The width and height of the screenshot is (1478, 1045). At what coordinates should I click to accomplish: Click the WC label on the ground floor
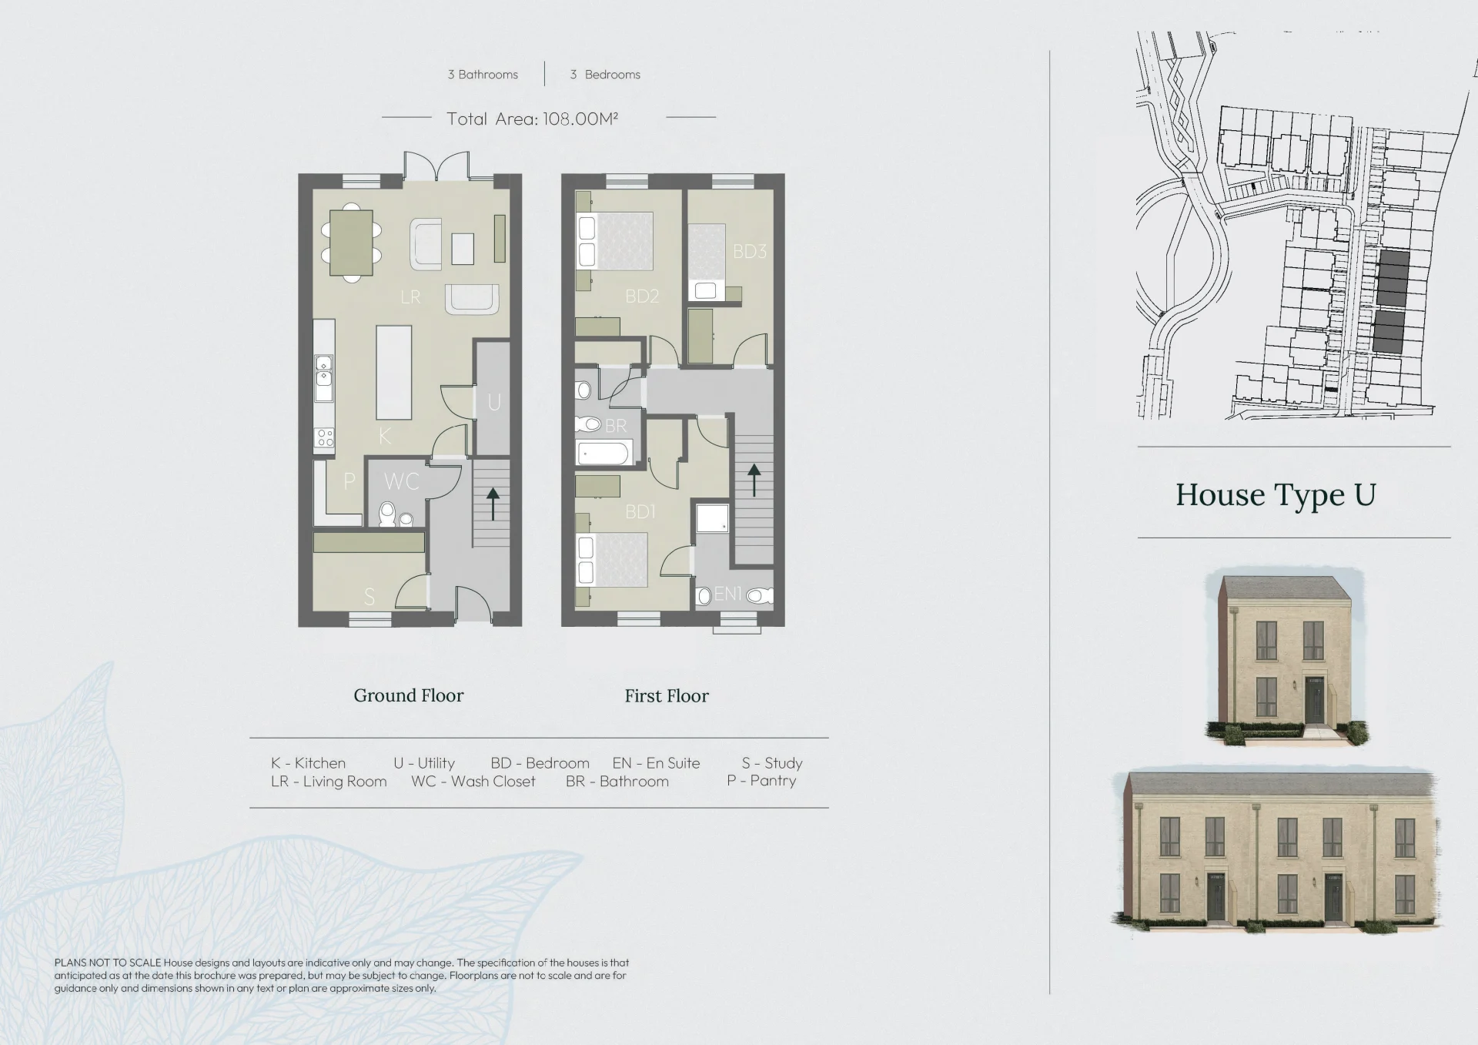(401, 481)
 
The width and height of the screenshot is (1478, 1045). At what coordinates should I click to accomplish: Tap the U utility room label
(494, 402)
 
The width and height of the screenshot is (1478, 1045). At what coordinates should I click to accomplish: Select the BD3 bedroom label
(749, 251)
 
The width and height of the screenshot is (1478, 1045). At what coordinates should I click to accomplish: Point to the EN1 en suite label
(727, 594)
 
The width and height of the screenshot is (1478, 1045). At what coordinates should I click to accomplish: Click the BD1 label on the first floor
(640, 511)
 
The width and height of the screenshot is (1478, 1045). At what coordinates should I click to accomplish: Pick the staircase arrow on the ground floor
(493, 504)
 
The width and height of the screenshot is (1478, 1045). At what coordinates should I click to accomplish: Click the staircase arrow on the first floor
(754, 480)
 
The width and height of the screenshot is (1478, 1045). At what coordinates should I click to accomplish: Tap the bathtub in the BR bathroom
(605, 453)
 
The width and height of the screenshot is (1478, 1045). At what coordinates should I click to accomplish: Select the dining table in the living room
(352, 243)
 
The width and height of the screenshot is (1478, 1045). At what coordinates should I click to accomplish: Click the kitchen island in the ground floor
(393, 372)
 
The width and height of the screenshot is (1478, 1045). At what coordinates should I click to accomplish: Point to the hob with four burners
(325, 438)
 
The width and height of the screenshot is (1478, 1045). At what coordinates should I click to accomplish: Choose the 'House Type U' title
(1276, 495)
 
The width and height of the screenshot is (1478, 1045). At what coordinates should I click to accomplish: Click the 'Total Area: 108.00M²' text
(533, 119)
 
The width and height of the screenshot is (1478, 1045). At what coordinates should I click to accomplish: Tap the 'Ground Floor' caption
(409, 695)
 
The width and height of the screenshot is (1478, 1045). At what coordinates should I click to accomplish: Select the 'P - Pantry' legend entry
(761, 781)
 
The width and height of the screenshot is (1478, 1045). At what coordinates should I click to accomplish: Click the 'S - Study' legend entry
(772, 763)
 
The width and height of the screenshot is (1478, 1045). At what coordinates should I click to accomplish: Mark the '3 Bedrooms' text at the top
(605, 75)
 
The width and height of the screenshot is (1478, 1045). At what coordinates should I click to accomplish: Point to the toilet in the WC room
(387, 514)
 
